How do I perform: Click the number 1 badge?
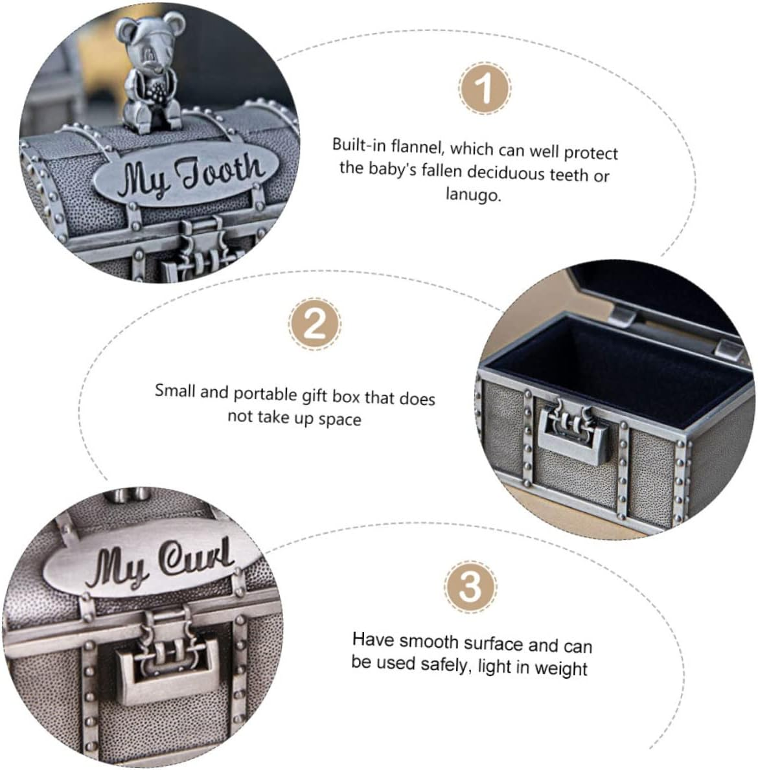[x=485, y=88]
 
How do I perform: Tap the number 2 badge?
[x=314, y=324]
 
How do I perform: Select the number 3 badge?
[x=470, y=586]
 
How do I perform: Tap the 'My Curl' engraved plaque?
[x=152, y=561]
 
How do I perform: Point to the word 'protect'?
[x=590, y=153]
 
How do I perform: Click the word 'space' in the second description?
[x=339, y=420]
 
